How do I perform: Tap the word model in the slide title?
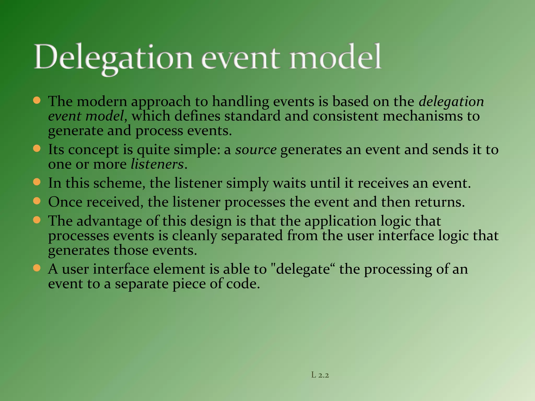[335, 57]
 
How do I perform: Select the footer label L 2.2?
[320, 375]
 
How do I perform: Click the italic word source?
[256, 150]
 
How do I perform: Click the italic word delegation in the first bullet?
[451, 102]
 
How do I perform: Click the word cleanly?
[194, 236]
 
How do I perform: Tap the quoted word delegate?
[303, 269]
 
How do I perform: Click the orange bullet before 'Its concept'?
[37, 149]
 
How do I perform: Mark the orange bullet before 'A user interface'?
[37, 268]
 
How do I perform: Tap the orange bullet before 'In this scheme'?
[37, 182]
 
